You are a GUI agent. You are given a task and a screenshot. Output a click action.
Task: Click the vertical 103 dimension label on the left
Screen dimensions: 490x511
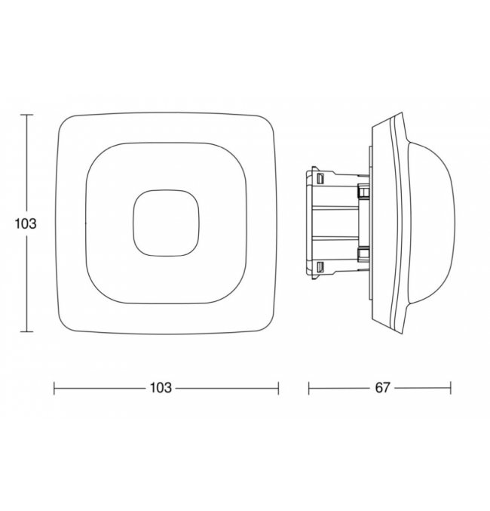click(26, 224)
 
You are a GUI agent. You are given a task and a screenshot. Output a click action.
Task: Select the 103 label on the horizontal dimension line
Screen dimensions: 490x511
click(160, 388)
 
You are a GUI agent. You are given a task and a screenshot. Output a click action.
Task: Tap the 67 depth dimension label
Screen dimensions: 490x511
click(382, 388)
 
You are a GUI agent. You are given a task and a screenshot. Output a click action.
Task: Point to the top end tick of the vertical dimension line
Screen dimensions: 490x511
click(26, 115)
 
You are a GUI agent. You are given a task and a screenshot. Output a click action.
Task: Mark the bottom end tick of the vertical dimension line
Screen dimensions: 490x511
click(26, 332)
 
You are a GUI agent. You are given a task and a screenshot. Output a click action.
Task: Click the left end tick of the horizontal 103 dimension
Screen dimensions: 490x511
click(54, 388)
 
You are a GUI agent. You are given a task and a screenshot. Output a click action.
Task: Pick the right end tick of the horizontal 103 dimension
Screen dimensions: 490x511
click(278, 388)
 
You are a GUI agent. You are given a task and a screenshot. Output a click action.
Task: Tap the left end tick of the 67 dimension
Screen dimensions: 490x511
click(308, 388)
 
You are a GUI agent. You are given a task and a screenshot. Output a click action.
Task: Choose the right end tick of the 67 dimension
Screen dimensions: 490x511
click(451, 388)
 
